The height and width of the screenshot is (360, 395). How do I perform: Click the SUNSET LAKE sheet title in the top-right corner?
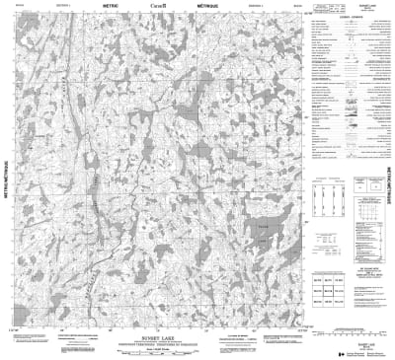372,8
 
